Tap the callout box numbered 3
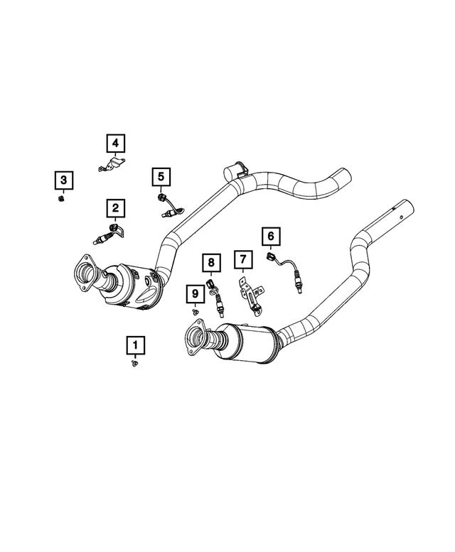[63, 180]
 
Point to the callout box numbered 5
[161, 175]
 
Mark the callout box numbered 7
[242, 261]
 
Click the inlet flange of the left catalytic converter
[86, 273]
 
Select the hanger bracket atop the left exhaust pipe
[234, 171]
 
